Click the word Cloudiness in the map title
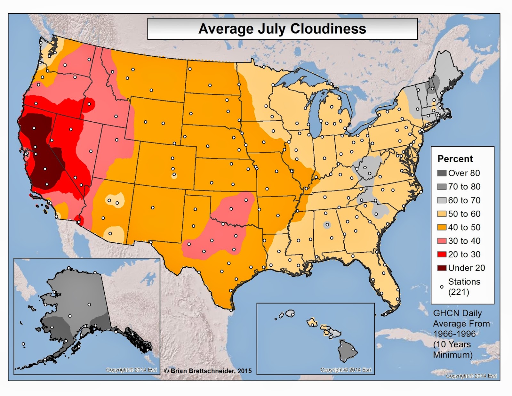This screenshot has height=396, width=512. pyautogui.click(x=328, y=29)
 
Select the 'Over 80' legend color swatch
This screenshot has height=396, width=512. pyautogui.click(x=442, y=173)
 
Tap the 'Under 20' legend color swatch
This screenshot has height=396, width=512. pyautogui.click(x=442, y=268)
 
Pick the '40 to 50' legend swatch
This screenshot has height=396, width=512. pyautogui.click(x=442, y=227)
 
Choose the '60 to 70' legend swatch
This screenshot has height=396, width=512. pyautogui.click(x=442, y=200)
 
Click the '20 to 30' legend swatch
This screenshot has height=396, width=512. pyautogui.click(x=442, y=255)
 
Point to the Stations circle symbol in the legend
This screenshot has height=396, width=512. pyautogui.click(x=442, y=287)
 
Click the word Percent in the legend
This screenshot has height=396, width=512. pyautogui.click(x=455, y=159)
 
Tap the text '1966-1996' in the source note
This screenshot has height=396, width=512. pyautogui.click(x=454, y=334)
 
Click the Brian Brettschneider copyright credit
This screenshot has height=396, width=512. pyautogui.click(x=208, y=371)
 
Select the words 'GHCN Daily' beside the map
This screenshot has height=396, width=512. pyautogui.click(x=457, y=313)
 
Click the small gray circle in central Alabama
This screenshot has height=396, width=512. pyautogui.click(x=327, y=225)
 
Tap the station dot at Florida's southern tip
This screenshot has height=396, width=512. pyautogui.click(x=386, y=314)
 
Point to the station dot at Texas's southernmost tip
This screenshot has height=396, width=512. pyautogui.click(x=231, y=310)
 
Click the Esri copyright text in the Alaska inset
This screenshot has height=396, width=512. pyautogui.click(x=131, y=370)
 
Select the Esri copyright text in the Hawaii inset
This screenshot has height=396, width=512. pyautogui.click(x=346, y=370)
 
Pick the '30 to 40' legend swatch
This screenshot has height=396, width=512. pyautogui.click(x=442, y=241)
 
